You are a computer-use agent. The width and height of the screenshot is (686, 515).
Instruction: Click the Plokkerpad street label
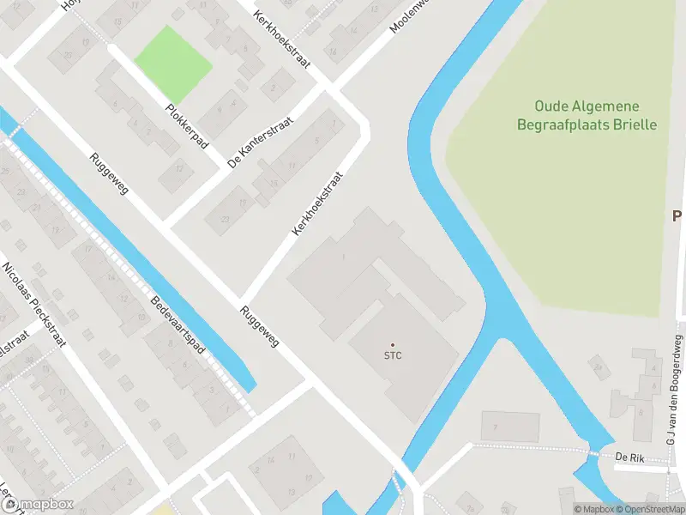(187, 127)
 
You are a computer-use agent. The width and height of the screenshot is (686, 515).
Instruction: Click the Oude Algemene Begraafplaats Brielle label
(587, 115)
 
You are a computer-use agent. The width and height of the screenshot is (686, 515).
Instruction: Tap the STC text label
(394, 355)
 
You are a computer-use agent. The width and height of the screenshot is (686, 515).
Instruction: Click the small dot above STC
(394, 344)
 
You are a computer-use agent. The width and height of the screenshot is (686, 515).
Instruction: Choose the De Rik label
(629, 457)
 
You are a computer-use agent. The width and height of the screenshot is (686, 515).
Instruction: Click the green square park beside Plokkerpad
(174, 63)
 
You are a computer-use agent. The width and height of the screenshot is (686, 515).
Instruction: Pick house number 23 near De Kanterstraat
(225, 218)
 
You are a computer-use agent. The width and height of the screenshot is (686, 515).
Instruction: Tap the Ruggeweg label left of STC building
(260, 327)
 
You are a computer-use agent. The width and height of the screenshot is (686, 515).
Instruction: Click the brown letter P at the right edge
(677, 215)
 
